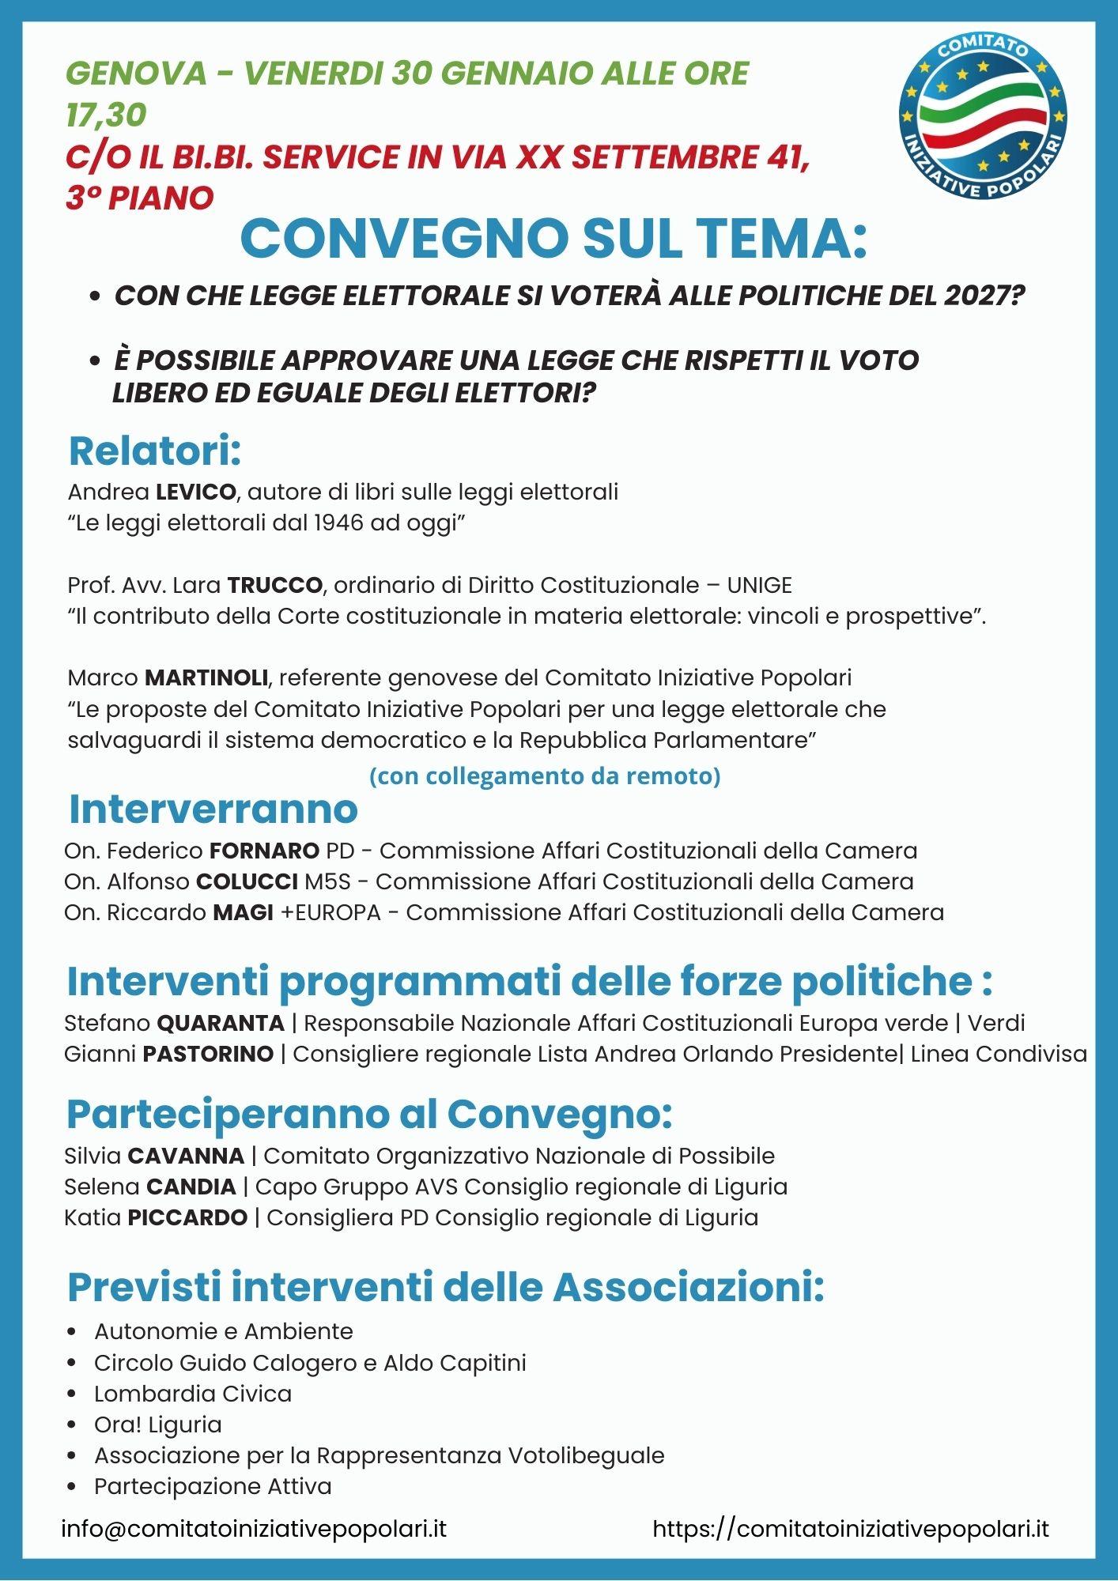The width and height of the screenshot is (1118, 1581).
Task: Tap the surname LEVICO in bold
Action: pos(196,492)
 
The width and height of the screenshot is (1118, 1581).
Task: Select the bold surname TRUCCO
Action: pos(275,586)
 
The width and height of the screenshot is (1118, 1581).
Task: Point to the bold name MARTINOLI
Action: pos(206,678)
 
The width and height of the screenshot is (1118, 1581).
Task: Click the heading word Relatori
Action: pos(154,451)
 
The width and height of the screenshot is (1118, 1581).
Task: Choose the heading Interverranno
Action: pos(213,809)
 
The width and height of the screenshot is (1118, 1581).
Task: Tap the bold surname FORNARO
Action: pos(264,851)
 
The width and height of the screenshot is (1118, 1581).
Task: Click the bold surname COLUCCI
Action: pos(247,882)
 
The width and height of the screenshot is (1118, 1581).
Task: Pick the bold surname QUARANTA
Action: pos(221,1024)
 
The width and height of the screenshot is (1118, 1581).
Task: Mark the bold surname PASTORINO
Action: pos(208,1055)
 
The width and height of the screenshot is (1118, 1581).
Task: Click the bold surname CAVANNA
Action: pos(186,1157)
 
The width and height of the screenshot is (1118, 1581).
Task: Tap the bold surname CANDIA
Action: pos(191,1187)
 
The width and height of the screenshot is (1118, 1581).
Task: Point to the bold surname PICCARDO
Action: pos(187,1218)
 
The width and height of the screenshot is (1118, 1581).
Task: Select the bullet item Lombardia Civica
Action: pos(193,1394)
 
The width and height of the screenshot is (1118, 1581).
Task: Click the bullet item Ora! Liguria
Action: pos(158,1424)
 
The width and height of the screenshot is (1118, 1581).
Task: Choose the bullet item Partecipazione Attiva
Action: pos(213,1486)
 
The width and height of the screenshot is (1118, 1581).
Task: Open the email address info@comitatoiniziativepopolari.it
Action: pos(255,1529)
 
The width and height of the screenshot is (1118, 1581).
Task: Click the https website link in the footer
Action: pos(851,1529)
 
